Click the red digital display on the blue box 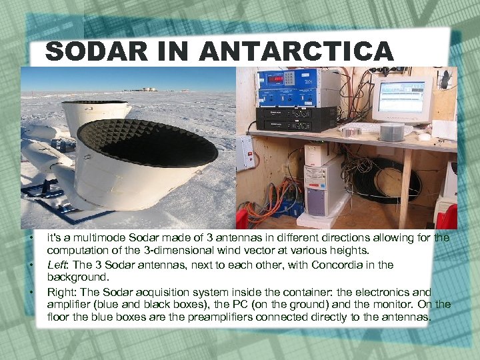click(x=275, y=79)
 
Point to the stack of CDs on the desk click(x=392, y=132)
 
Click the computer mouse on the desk click(x=425, y=137)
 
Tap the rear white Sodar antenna click(x=93, y=117)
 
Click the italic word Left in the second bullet click(x=56, y=265)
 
